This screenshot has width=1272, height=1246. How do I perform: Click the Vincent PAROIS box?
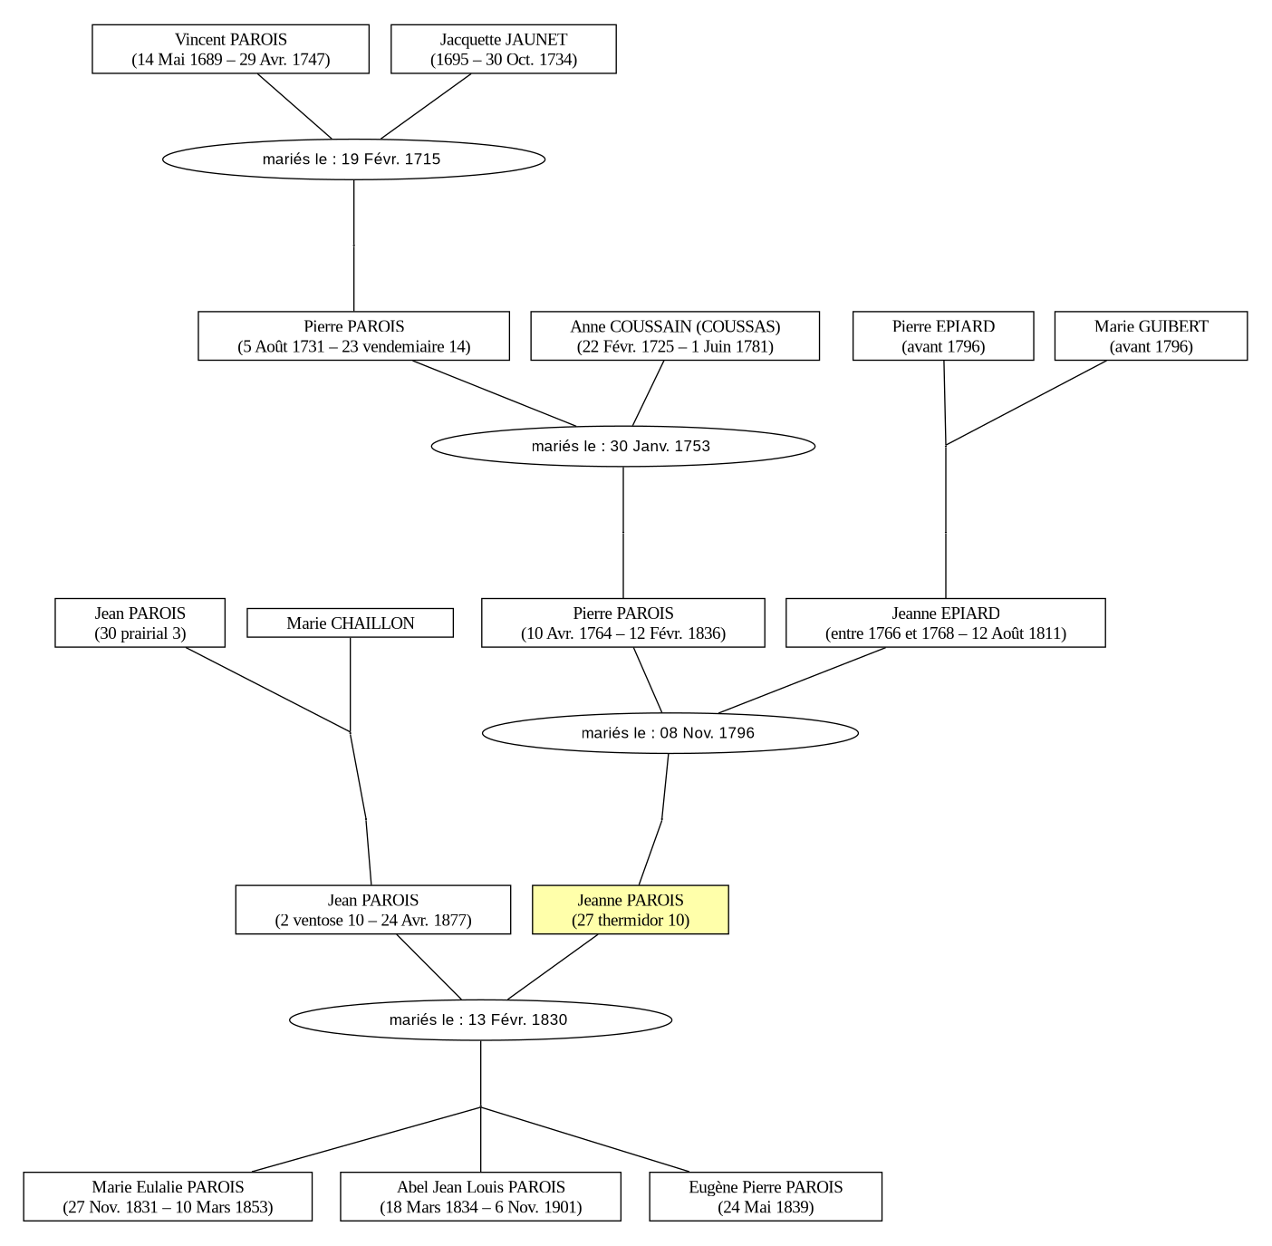pos(230,50)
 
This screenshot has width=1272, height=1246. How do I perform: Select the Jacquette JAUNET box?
pos(504,50)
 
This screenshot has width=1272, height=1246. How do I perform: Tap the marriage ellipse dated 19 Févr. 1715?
pos(354,159)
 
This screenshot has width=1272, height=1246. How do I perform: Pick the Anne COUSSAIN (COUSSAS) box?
pos(675,336)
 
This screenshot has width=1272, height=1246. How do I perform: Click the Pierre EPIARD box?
pos(943,336)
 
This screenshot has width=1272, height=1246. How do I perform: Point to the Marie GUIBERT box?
pos(1152,336)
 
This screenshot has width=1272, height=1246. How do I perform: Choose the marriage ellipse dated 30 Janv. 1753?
pos(623,447)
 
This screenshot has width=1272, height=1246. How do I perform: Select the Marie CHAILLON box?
pos(351,623)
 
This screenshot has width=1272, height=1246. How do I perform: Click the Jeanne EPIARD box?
pos(946,623)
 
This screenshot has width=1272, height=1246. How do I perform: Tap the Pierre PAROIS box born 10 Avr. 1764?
pos(623,623)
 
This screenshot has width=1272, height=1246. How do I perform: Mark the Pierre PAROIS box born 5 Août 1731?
pos(354,336)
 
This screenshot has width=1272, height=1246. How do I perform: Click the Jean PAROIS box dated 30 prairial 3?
pos(140,623)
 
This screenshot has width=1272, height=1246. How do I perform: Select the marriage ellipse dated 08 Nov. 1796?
pos(670,733)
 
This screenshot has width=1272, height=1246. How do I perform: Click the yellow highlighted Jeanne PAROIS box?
pos(631,910)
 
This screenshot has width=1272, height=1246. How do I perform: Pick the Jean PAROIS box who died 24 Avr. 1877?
pos(373,910)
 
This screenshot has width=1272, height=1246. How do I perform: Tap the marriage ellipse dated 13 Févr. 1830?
pos(480,1019)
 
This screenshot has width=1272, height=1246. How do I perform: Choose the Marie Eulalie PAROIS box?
pos(168,1196)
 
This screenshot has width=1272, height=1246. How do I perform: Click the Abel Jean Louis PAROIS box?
pos(480,1196)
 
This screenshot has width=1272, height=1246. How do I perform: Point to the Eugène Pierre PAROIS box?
pos(766,1196)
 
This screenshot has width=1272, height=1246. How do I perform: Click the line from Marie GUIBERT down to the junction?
pos(1026,402)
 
